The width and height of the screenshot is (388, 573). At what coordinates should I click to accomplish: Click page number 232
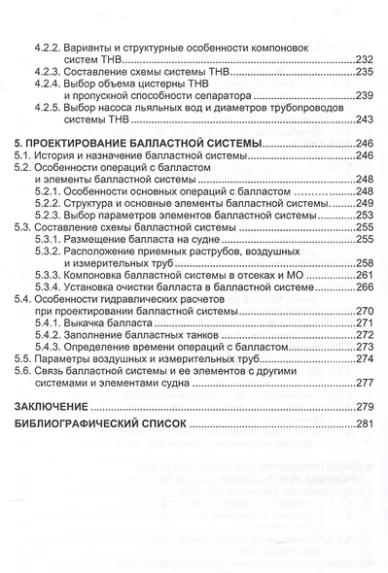point(360,59)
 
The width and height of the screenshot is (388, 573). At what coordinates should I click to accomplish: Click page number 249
point(360,204)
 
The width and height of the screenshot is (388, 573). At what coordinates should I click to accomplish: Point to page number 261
point(360,276)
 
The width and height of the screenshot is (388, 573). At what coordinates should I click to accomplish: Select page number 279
point(360,403)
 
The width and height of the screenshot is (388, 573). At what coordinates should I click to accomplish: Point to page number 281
point(360,425)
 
